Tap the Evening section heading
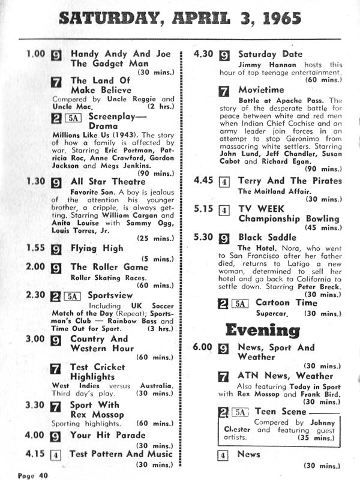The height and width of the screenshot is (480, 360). coord(262,330)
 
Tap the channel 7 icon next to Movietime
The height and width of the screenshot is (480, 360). coord(223,92)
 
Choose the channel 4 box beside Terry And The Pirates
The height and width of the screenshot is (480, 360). coord(223,181)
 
